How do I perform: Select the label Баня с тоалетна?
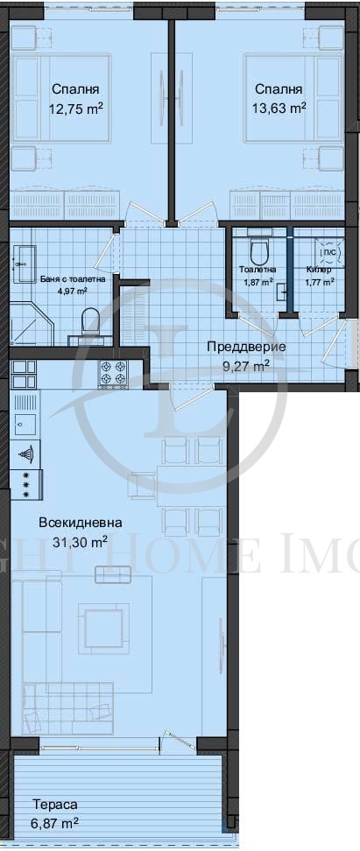(x=73, y=278)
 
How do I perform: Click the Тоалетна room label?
(x=257, y=270)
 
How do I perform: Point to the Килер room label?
(x=318, y=270)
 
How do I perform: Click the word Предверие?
(x=246, y=347)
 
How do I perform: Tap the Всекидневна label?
(x=81, y=523)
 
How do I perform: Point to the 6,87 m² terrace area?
(x=55, y=823)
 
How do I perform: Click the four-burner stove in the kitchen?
(x=114, y=373)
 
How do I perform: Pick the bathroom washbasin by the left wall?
(x=22, y=257)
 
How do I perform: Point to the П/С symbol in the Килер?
(x=330, y=251)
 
